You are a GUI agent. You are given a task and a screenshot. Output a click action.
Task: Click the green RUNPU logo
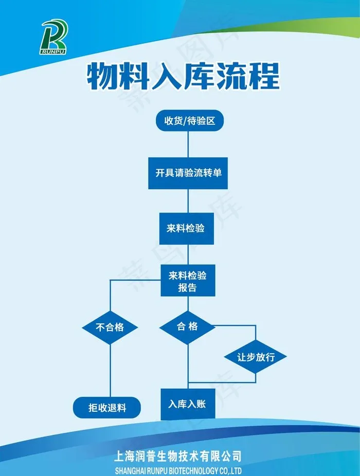coord(54,36)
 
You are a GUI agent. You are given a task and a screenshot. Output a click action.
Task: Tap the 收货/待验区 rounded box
coord(190,120)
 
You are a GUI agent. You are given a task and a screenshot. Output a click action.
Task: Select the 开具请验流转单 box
coord(188,173)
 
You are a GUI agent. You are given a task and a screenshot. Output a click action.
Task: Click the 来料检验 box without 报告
coord(187,228)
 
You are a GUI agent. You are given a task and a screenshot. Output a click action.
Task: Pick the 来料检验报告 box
coord(188,280)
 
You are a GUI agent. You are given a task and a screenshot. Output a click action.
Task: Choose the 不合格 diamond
coord(110,327)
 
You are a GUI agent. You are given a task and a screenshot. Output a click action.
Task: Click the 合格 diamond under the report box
coord(187,327)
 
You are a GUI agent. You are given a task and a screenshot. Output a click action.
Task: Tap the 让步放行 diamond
coord(256,357)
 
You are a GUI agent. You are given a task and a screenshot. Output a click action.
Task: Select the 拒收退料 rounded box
coord(107,408)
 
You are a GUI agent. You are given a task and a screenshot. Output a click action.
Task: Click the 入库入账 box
coord(188,404)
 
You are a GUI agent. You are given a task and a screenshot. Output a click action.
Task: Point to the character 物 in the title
coord(102,76)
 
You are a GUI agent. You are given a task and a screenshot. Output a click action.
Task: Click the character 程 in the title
coord(264,76)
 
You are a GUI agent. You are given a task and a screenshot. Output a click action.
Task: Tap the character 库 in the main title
coord(200,76)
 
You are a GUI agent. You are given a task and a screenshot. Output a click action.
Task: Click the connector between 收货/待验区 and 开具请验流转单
coord(188,144)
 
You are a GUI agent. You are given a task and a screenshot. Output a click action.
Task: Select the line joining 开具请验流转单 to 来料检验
coord(188,201)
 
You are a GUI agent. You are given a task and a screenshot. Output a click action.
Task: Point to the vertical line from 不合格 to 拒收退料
coord(110,371)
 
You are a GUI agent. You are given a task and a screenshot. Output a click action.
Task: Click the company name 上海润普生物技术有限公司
coord(178,456)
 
